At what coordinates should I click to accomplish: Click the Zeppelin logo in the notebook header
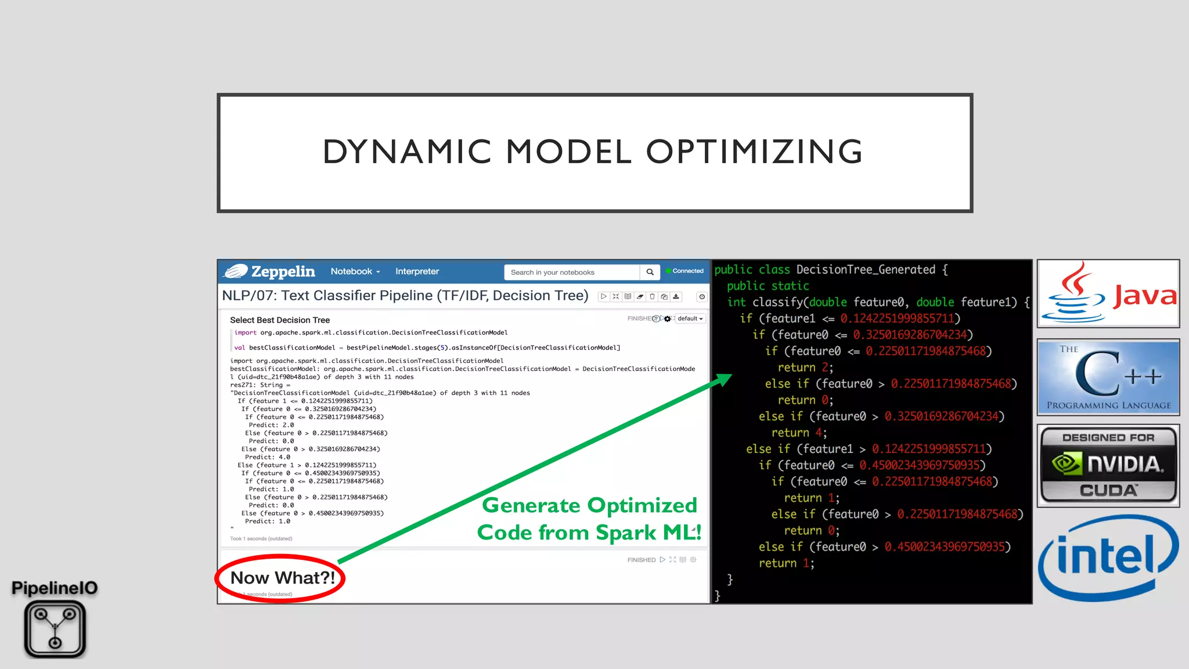click(269, 271)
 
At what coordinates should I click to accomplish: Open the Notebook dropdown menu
click(355, 271)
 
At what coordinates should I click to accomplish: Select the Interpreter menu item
click(417, 271)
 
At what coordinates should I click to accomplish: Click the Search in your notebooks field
click(571, 272)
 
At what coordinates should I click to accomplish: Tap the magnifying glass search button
click(650, 272)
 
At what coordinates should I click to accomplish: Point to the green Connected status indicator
click(685, 271)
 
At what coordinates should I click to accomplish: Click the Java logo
click(1108, 293)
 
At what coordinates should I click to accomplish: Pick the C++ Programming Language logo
click(1108, 377)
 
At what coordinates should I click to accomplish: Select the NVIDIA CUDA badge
click(1108, 465)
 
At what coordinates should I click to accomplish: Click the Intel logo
click(1108, 557)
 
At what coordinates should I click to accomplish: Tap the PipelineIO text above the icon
click(55, 588)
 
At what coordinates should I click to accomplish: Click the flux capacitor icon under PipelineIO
click(55, 629)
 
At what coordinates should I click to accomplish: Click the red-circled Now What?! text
click(282, 578)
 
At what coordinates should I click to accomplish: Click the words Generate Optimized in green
click(589, 505)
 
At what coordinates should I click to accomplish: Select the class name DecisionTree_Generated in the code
click(865, 269)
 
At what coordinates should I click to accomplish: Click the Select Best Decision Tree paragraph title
click(279, 320)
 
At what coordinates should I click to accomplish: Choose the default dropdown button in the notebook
click(690, 318)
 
